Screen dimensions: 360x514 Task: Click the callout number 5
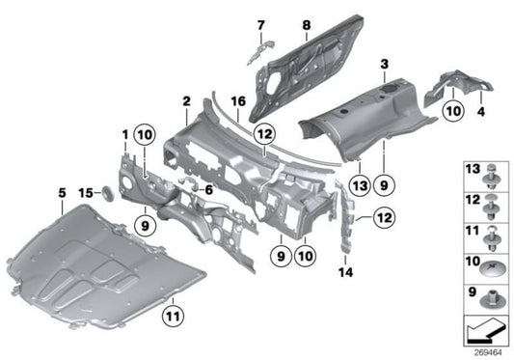pos(63,192)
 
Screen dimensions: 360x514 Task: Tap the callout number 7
pos(260,24)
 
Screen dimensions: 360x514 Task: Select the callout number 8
pos(305,24)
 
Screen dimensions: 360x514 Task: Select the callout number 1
pos(124,131)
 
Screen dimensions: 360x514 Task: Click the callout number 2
pos(185,99)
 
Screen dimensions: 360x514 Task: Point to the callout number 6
pos(207,190)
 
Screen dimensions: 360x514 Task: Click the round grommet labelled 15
pos(108,195)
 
